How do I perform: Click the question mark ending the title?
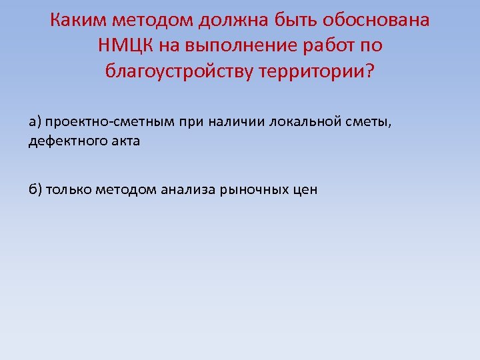coord(371,71)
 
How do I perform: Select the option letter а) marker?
coord(35,122)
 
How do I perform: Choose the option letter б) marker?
coord(35,190)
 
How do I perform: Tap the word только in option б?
coord(69,190)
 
